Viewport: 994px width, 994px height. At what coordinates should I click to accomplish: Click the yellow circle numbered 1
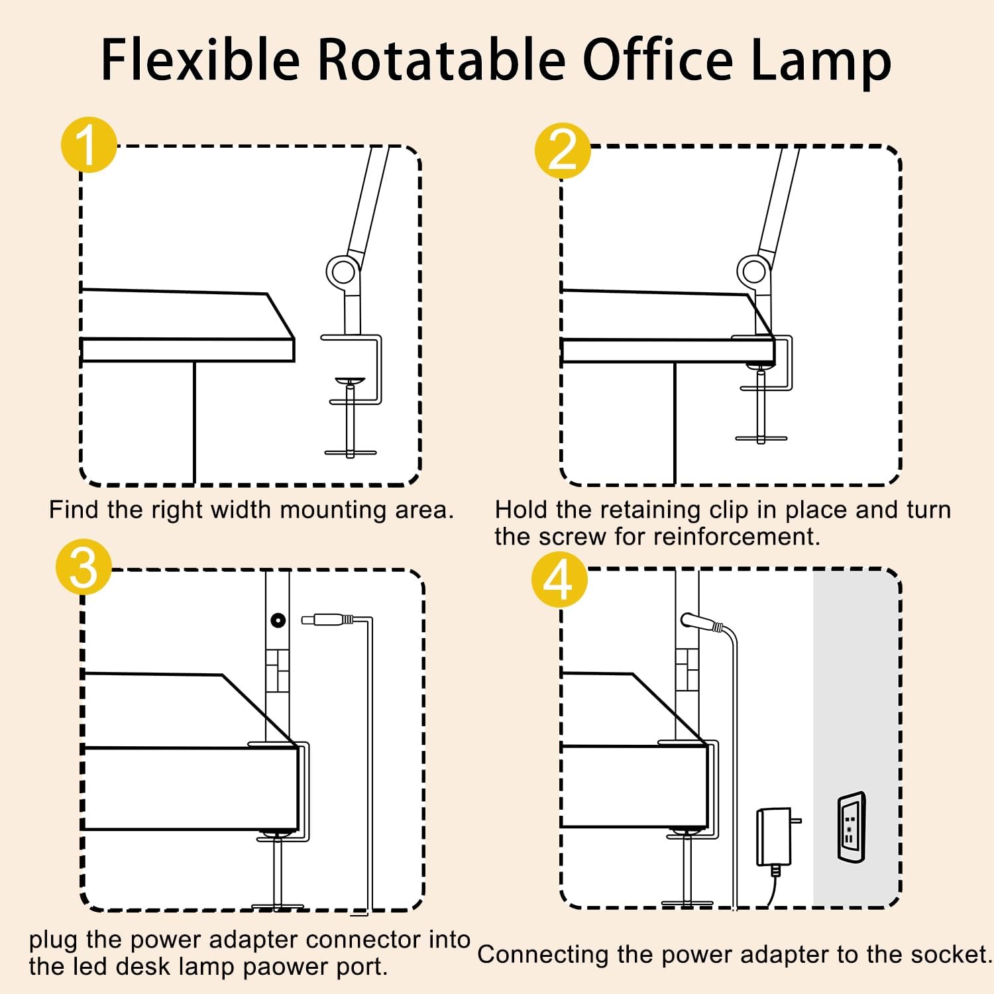(x=89, y=144)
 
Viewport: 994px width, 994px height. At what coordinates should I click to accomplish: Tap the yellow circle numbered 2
(x=563, y=150)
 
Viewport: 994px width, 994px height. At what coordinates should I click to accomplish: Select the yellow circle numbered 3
(x=83, y=567)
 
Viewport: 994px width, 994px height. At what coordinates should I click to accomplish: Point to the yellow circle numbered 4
(x=559, y=580)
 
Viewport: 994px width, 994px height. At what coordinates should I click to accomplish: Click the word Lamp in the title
(x=820, y=61)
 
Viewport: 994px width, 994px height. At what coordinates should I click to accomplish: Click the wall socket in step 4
(x=851, y=827)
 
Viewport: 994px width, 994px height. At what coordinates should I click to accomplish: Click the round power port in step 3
(x=278, y=620)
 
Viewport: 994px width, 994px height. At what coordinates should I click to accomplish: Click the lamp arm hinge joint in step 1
(x=343, y=271)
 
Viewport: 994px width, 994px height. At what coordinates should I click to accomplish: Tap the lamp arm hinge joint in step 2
(x=753, y=270)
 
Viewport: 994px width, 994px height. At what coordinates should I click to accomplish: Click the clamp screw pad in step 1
(x=349, y=381)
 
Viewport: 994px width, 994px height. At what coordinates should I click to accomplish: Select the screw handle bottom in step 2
(x=761, y=438)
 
